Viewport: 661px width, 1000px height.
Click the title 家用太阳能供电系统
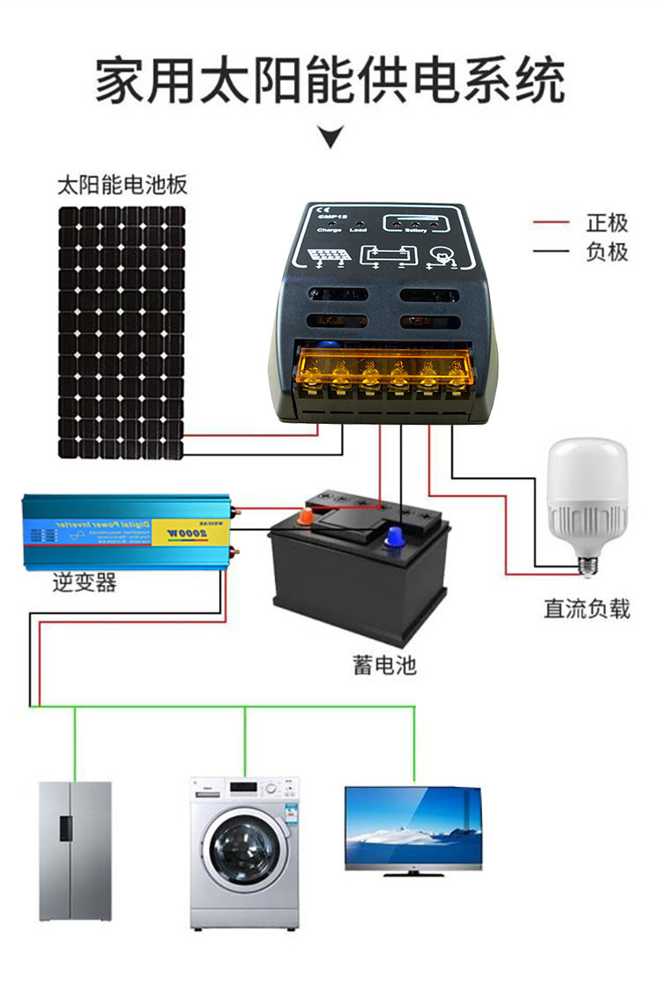pyautogui.click(x=330, y=82)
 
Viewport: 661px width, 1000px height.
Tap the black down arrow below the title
pyautogui.click(x=330, y=137)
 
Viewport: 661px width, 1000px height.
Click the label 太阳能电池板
pyautogui.click(x=123, y=186)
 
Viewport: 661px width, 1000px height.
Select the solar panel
pyautogui.click(x=123, y=332)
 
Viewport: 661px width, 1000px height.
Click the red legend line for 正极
pyautogui.click(x=551, y=224)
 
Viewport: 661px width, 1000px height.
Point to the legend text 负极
pyautogui.click(x=607, y=251)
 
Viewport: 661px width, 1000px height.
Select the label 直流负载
pyautogui.click(x=587, y=609)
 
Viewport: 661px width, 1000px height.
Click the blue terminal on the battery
pyautogui.click(x=394, y=534)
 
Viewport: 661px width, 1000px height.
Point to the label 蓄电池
pyautogui.click(x=383, y=664)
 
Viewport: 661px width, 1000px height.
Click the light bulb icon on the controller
pyautogui.click(x=440, y=256)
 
